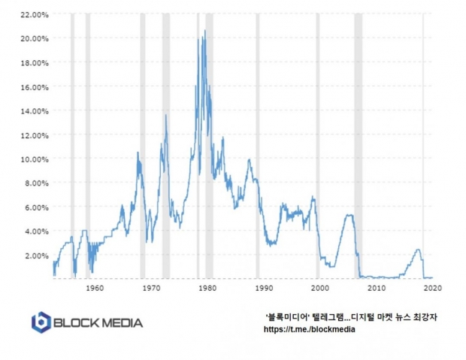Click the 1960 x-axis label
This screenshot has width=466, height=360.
coord(95,286)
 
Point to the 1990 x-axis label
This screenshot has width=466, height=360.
coord(263,286)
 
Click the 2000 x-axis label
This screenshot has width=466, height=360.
coord(319,286)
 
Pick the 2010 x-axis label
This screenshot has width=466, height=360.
coord(376,286)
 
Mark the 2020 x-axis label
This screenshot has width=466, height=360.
coord(432,286)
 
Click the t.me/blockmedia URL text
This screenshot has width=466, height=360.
coord(309,329)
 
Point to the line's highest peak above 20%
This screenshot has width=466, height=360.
coord(205,31)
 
